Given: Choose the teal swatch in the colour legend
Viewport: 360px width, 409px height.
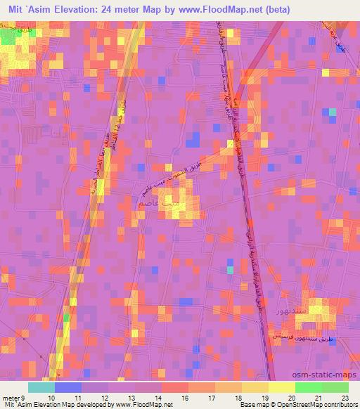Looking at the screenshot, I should (41, 388).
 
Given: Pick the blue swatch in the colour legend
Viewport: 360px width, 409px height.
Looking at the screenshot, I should (68, 388).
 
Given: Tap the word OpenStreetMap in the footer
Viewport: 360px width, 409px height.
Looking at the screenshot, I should (283, 405).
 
